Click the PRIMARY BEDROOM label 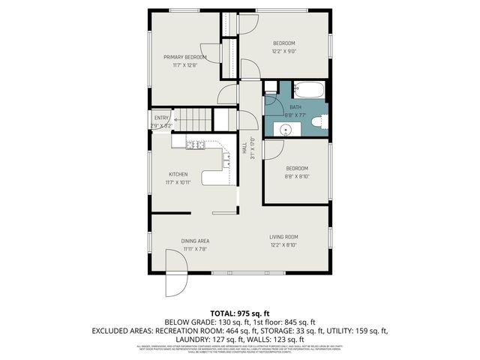point(184,57)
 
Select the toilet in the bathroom point(317,121)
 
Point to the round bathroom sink point(285,129)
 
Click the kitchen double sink point(196,145)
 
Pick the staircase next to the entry point(193,119)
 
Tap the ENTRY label point(162,118)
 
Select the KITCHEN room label point(178,174)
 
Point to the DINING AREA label point(194,241)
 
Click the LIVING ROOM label point(284,237)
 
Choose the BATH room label point(296,107)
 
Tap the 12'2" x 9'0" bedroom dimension point(283,51)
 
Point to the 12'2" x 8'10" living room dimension point(284,245)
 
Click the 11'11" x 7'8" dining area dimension point(194,249)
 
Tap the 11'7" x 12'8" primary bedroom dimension point(184,65)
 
